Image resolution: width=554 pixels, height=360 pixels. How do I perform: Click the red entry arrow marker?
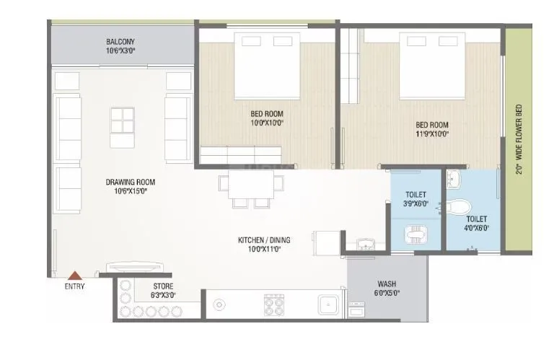point(74,274)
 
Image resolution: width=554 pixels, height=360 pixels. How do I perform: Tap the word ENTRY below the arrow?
point(74,286)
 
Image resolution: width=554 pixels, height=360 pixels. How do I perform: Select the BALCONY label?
point(121,42)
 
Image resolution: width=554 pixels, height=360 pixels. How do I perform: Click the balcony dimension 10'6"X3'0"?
point(121,51)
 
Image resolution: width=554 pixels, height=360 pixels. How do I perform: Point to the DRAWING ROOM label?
point(130,182)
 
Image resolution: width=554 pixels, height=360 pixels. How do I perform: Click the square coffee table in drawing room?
point(122,120)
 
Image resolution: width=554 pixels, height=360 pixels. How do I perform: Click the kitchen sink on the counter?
point(328,306)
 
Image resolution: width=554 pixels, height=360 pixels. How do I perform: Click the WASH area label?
point(386,284)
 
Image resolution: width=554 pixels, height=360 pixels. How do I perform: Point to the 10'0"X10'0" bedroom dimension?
point(267,123)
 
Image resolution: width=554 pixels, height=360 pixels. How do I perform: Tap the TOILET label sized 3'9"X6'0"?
point(416,195)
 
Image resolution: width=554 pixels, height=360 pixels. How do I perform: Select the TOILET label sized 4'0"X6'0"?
point(476,219)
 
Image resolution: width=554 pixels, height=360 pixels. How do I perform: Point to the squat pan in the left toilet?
point(415,233)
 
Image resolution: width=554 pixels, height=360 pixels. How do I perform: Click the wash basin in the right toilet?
point(454,177)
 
